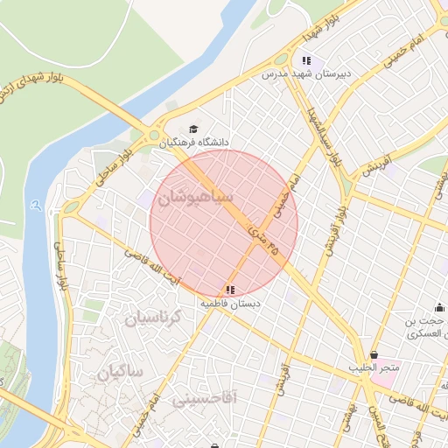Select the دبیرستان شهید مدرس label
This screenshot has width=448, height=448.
310,74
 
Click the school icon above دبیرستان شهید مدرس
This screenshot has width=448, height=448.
306,60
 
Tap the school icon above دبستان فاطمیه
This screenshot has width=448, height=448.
230,289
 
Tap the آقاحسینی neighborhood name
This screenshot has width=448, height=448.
204,400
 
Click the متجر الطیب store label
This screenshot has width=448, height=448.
374,368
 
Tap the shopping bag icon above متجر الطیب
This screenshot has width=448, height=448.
375,354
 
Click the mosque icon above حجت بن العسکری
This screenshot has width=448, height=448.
439,308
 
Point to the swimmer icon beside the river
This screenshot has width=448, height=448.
34,206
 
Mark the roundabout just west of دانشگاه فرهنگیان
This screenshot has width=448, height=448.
156,136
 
